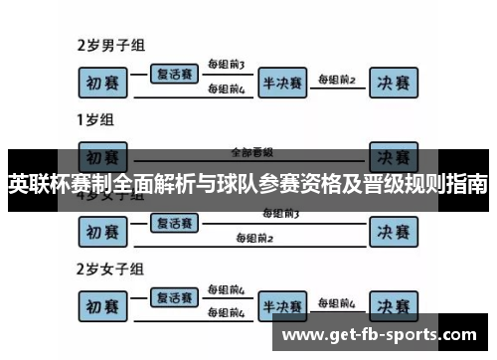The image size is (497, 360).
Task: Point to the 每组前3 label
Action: pyautogui.click(x=226, y=65)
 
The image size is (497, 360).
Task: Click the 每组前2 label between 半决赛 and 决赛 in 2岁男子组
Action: pyautogui.click(x=337, y=79)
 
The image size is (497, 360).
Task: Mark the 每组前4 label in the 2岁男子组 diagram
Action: pyautogui.click(x=226, y=90)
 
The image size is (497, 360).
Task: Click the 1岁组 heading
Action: pyautogui.click(x=95, y=120)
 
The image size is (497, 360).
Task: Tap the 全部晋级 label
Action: pyautogui.click(x=251, y=153)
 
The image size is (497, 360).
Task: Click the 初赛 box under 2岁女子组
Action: pyautogui.click(x=104, y=304)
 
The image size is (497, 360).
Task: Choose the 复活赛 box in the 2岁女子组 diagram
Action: pyautogui.click(x=174, y=296)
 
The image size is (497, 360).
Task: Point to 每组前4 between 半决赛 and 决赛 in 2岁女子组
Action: pyautogui.click(x=337, y=301)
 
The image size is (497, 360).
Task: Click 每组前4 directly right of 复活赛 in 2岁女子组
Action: pyautogui.click(x=226, y=290)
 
